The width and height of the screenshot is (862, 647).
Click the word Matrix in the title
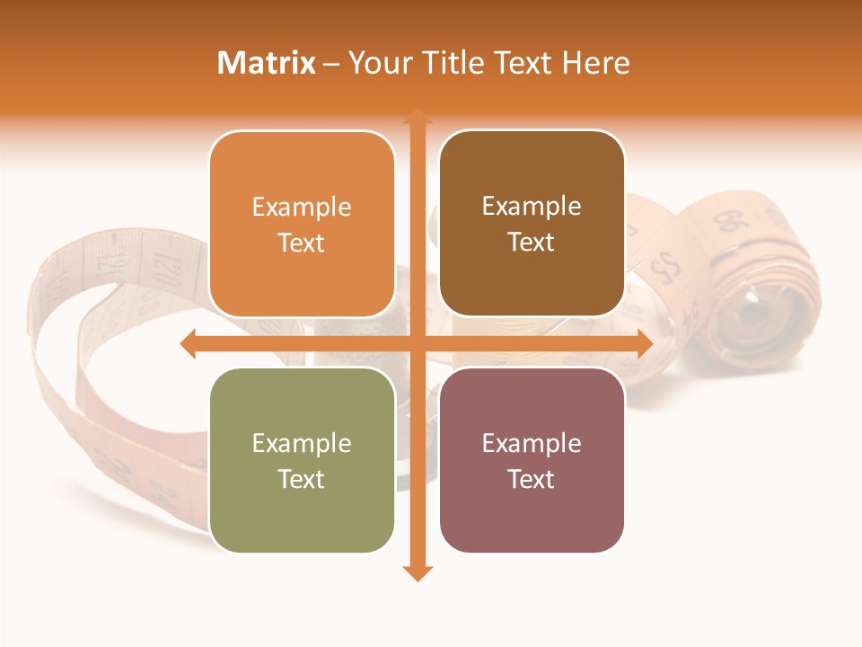267,63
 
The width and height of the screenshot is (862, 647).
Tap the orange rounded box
302,225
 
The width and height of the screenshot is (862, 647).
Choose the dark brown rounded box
532,224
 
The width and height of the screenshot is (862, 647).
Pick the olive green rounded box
302,460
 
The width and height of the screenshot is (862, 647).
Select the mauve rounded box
532,460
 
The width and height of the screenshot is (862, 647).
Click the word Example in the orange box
302,207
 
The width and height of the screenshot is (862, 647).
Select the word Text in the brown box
532,243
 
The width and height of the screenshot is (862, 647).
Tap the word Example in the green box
302,443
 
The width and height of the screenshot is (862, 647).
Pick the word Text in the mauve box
532,479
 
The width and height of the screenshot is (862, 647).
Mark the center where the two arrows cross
417,344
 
